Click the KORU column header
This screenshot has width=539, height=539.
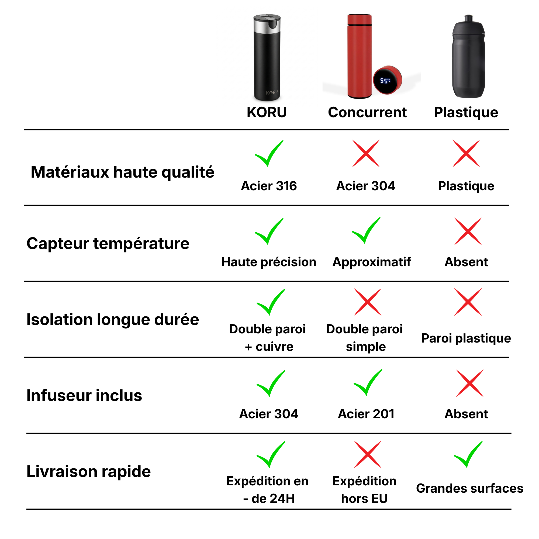(267, 112)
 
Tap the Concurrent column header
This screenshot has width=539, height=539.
(367, 112)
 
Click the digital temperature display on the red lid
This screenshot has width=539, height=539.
(385, 81)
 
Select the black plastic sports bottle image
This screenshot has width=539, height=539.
(468, 56)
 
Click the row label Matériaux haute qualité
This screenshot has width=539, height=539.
(122, 172)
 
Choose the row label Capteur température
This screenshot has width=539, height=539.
(108, 244)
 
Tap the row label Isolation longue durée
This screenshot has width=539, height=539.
(113, 319)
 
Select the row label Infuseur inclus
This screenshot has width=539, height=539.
(84, 395)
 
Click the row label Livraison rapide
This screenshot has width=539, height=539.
(89, 471)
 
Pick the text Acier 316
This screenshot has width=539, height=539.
(269, 186)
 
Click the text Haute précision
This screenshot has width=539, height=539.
(269, 262)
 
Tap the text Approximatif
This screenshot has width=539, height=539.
(372, 262)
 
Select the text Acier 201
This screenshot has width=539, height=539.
(366, 414)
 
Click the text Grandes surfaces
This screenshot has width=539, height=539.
(469, 488)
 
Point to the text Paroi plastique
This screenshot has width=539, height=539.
(466, 338)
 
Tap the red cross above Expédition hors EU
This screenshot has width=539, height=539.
(368, 454)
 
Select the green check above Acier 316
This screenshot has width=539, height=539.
(269, 154)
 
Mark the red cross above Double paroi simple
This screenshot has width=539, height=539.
(368, 302)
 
